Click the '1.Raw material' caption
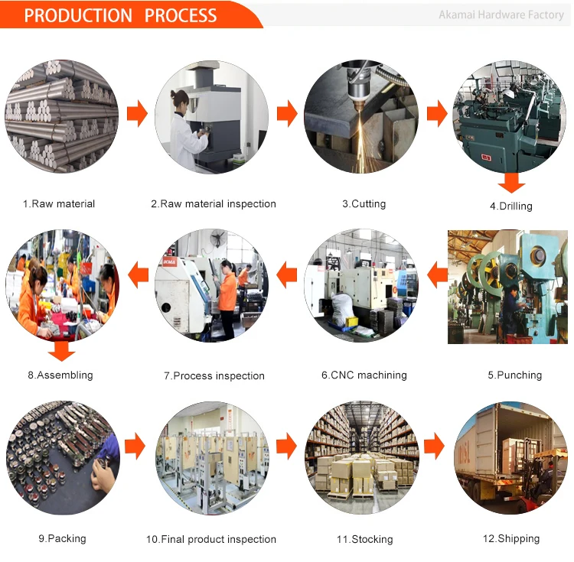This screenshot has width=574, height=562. tap(59, 204)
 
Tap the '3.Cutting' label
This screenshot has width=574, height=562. tap(364, 204)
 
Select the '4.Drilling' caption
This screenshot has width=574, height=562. tap(510, 206)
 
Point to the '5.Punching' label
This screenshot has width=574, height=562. tap(514, 375)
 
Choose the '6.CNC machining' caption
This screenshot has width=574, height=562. tap(364, 375)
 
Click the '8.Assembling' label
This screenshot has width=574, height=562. tap(60, 375)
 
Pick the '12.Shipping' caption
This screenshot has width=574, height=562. tap(510, 538)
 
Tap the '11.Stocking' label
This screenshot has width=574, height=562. tap(364, 539)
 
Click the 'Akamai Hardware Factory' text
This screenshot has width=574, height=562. tap(501, 15)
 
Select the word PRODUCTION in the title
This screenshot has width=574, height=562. tap(78, 15)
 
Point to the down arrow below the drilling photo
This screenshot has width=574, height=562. tap(511, 184)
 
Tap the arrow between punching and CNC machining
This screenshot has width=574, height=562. tap(437, 275)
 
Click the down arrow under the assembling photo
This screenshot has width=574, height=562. tap(61, 351)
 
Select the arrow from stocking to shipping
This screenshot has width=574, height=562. tap(434, 446)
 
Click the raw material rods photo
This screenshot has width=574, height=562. tap(61, 115)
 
